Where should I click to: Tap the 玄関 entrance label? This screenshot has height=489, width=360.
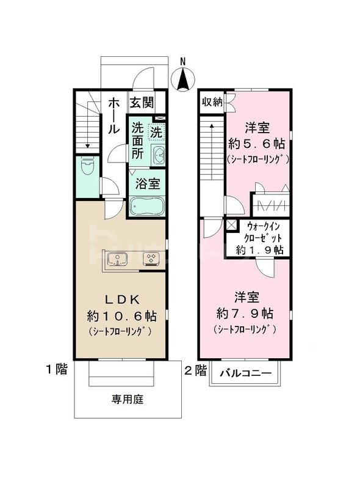click(x=141, y=101)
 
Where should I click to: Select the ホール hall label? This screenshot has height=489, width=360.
click(x=113, y=117)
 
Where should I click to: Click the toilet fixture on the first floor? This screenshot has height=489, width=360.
click(x=87, y=166)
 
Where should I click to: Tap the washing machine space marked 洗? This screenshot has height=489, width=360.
click(x=156, y=131)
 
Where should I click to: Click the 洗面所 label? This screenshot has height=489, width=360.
click(x=139, y=141)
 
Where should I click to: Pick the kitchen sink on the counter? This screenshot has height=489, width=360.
click(x=117, y=259)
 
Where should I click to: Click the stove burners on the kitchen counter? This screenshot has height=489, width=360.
click(x=150, y=259)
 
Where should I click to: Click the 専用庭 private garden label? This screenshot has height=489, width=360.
click(x=127, y=400)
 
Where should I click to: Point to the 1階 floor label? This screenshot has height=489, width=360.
click(x=56, y=369)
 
